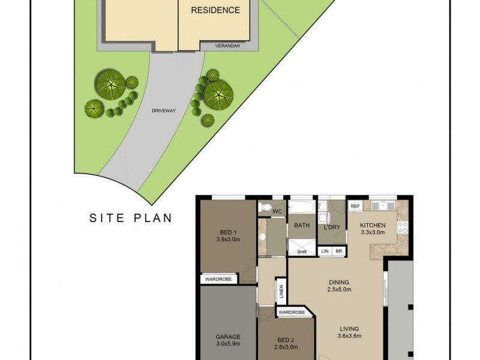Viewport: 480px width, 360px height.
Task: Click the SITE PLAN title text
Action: [x=131, y=218]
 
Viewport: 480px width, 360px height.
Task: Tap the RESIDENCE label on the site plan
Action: [x=215, y=10]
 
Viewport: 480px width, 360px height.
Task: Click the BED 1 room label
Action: [x=227, y=236]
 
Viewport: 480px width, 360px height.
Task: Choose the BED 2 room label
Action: [x=286, y=343]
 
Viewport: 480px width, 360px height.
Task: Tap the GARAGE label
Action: [x=228, y=340]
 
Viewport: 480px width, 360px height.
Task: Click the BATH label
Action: [x=301, y=226]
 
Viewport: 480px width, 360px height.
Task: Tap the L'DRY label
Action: [x=332, y=227]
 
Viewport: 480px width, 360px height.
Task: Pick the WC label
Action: [x=277, y=212]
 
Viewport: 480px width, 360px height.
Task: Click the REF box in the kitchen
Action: [x=355, y=206]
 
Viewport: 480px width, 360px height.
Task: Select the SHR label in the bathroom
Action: [x=302, y=251]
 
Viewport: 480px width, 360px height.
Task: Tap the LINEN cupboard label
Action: [x=281, y=292]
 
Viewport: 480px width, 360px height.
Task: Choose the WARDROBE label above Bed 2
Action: [x=292, y=312]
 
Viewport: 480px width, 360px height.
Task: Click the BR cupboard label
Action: [x=339, y=251]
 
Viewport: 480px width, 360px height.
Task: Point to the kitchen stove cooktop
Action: [x=402, y=227]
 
